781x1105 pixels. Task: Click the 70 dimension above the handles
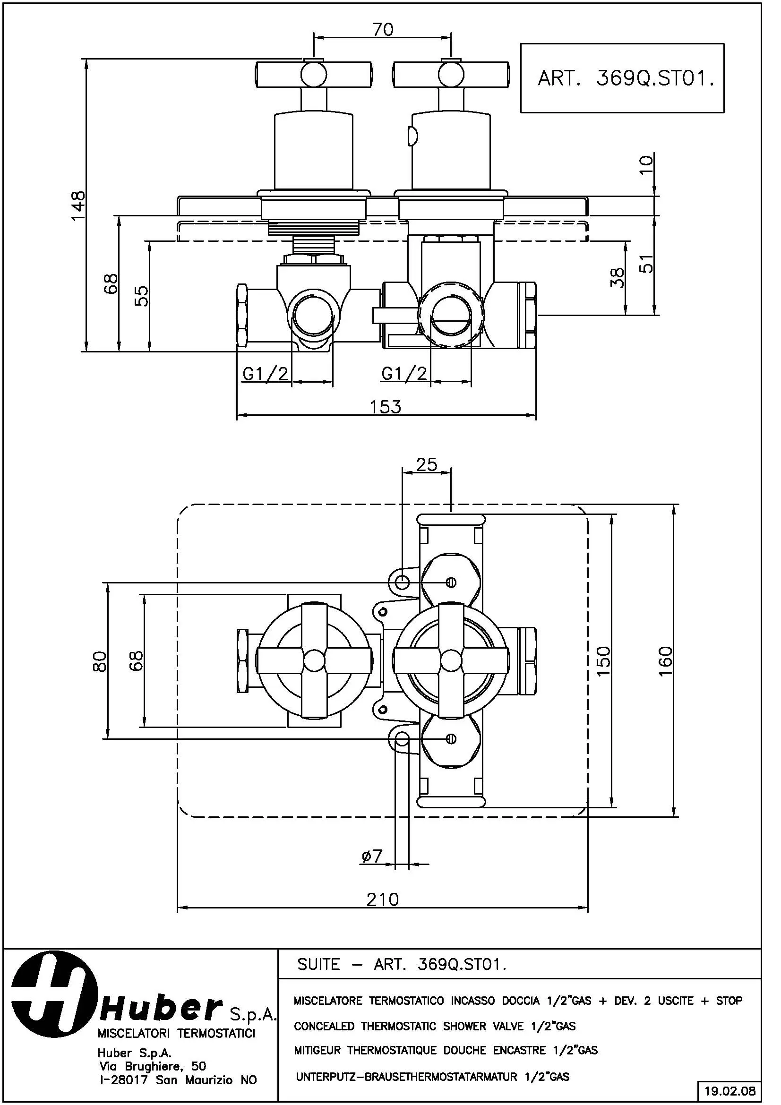383,29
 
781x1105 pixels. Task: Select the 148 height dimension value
78,206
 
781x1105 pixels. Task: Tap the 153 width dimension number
386,407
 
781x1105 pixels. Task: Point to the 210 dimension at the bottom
383,899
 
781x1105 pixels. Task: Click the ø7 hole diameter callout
371,856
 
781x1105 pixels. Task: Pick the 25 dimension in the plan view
426,464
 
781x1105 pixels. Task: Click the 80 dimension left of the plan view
100,661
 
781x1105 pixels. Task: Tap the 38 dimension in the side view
617,278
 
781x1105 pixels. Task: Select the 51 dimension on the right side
647,264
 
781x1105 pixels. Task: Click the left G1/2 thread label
265,374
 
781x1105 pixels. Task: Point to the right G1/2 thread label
404,374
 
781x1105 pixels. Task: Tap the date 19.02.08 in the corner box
730,1090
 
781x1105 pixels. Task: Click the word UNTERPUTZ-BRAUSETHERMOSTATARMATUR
406,1076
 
